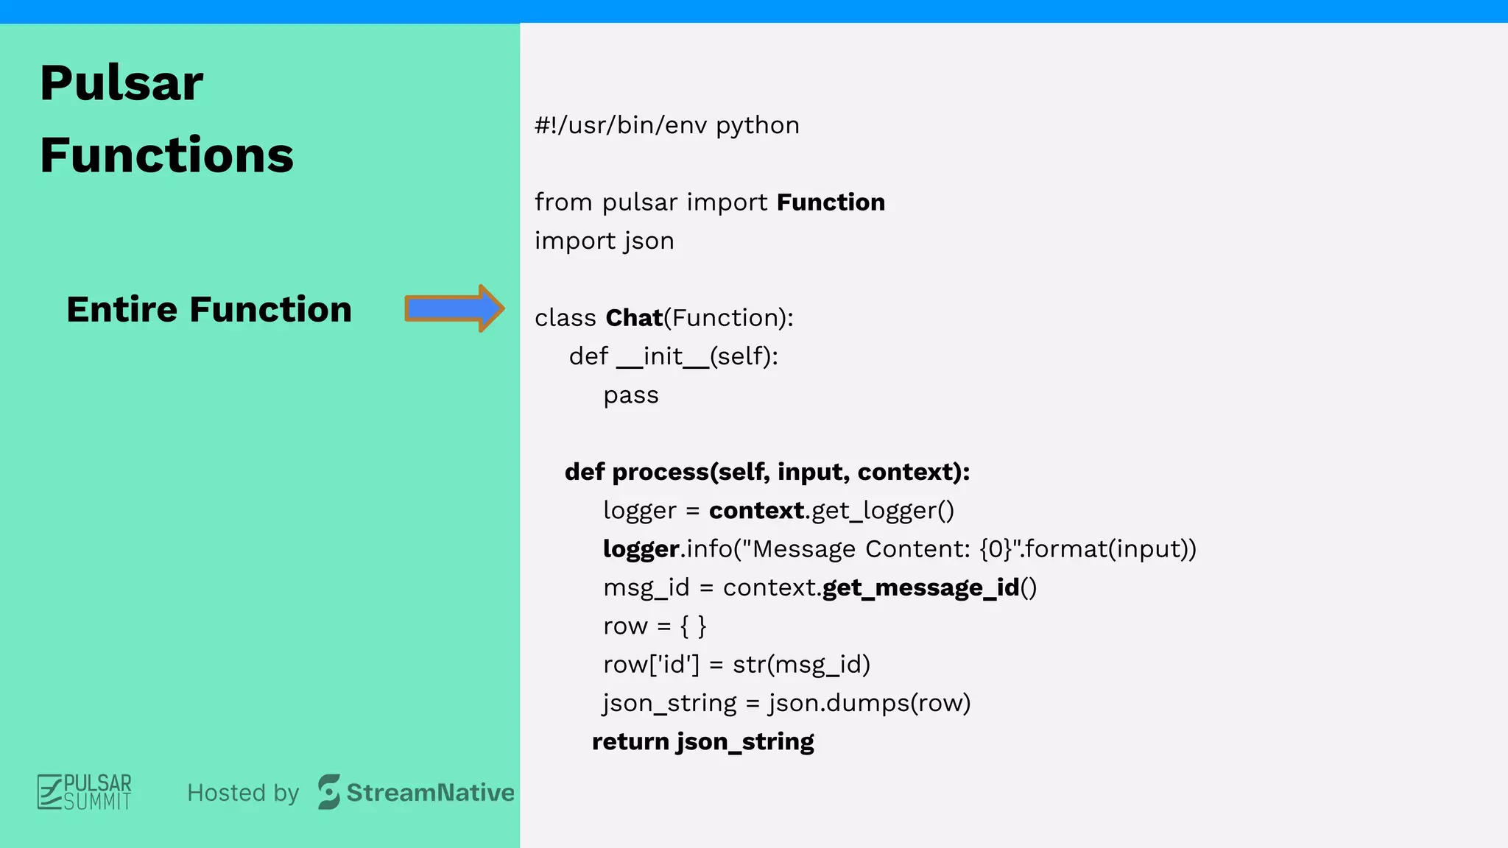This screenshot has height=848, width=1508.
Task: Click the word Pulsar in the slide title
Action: (121, 82)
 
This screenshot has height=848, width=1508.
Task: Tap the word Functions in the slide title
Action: (167, 155)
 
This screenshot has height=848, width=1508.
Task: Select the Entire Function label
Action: (209, 309)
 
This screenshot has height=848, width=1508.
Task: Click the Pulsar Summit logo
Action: (85, 792)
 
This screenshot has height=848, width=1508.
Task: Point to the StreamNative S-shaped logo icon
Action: (329, 792)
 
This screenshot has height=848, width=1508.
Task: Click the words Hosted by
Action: (243, 793)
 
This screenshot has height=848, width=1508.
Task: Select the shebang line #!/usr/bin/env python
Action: (666, 125)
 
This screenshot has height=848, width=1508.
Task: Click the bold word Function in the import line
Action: (831, 202)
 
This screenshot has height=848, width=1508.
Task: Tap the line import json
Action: (604, 241)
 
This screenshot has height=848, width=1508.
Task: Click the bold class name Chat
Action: (634, 318)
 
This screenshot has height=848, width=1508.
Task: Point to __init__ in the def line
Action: (663, 356)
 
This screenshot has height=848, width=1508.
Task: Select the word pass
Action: (631, 395)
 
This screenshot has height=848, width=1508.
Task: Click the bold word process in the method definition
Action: (660, 472)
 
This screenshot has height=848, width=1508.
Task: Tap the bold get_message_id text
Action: (920, 587)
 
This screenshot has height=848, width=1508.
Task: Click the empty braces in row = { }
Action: (693, 626)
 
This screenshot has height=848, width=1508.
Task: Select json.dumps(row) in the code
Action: (869, 703)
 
